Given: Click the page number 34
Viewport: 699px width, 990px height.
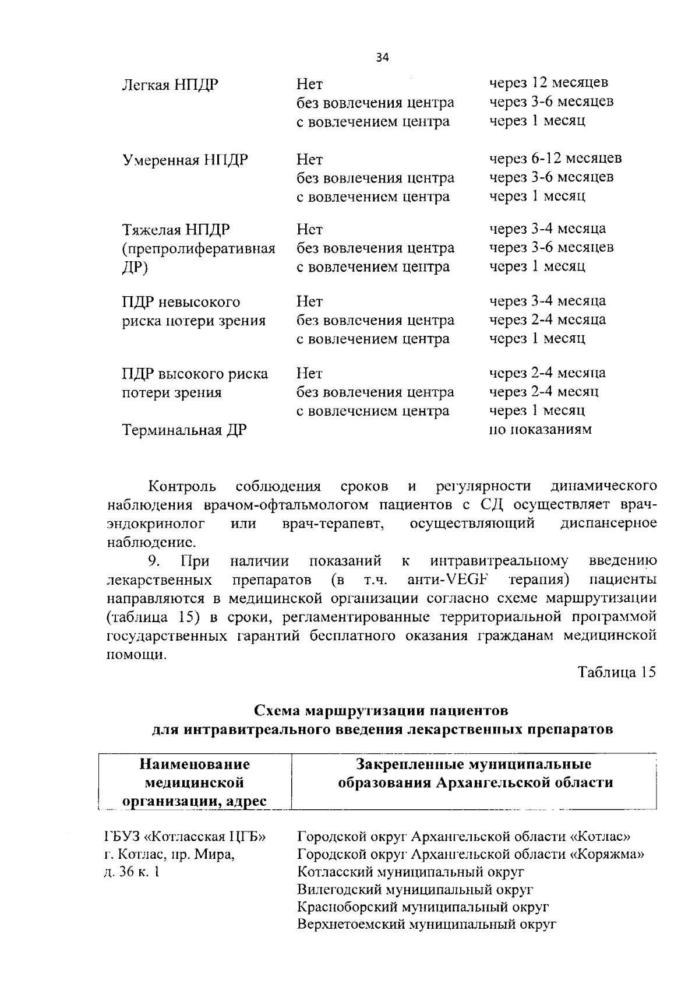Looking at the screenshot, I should (x=382, y=57).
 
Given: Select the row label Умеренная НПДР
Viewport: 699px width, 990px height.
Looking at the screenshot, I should (x=185, y=160).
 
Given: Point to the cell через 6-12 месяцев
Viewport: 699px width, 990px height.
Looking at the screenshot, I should (x=555, y=158).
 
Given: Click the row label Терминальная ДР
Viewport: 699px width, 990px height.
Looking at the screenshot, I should (x=184, y=430).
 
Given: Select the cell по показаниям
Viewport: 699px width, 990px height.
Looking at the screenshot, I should (x=541, y=430).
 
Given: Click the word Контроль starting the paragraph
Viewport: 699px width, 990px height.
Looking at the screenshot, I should (x=182, y=486).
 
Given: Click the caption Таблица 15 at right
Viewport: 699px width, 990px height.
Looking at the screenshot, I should (x=617, y=672).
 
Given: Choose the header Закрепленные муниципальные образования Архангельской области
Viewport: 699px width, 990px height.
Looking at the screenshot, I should (x=475, y=773).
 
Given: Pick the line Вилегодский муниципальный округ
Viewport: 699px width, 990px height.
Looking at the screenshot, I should (x=415, y=890).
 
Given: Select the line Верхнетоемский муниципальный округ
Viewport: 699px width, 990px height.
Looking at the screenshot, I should (x=427, y=925).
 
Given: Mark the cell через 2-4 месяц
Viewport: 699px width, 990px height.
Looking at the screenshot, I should (x=543, y=391).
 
